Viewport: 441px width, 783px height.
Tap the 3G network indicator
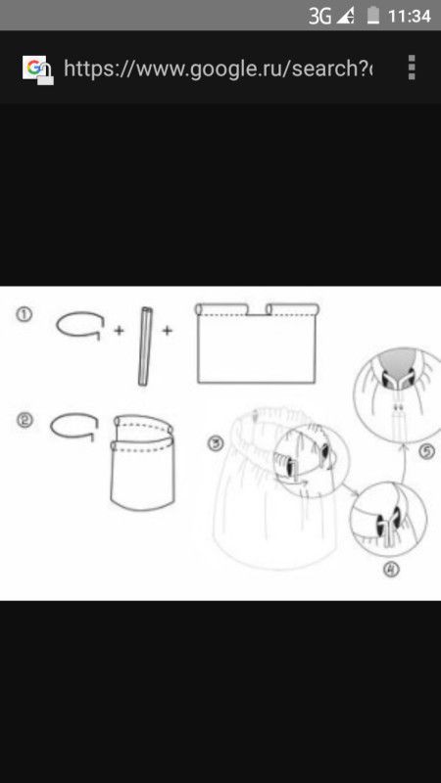(x=319, y=17)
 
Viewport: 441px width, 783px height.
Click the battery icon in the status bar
(x=373, y=16)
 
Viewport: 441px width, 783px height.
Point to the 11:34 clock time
(x=409, y=17)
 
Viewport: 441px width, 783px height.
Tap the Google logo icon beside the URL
(x=37, y=69)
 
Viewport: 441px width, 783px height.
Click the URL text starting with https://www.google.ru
(x=218, y=69)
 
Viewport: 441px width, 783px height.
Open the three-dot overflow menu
(x=412, y=68)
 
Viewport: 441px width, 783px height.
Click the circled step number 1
(x=24, y=315)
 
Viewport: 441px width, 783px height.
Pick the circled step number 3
(x=215, y=443)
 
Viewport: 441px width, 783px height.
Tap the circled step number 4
(x=391, y=570)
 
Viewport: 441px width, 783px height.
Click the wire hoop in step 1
(x=79, y=313)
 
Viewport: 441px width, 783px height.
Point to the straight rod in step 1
(x=145, y=346)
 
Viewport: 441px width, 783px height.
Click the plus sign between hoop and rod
(x=119, y=331)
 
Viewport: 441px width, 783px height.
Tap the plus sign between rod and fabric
(x=167, y=330)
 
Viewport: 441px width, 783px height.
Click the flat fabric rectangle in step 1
(x=257, y=344)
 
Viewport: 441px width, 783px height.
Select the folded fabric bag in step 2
(x=142, y=463)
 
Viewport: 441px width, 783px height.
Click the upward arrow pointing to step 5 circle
(x=401, y=463)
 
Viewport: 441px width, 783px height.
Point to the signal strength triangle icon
(x=346, y=17)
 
